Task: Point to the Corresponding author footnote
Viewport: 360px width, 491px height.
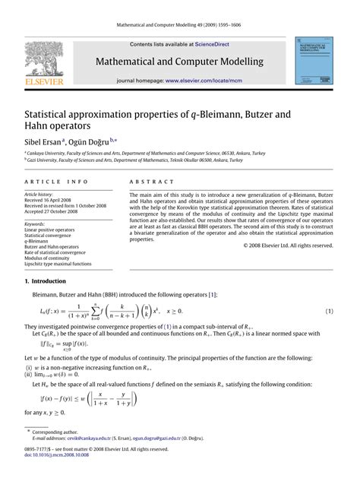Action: (46, 452)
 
